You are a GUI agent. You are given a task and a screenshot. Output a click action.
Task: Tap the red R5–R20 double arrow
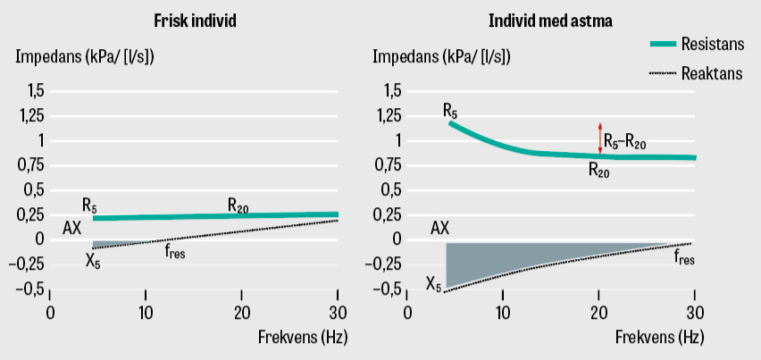(599, 138)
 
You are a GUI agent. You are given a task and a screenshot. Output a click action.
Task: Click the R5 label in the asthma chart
(450, 111)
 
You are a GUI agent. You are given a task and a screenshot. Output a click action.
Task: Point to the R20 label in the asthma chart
(598, 170)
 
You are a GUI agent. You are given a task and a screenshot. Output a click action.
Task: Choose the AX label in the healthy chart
(72, 228)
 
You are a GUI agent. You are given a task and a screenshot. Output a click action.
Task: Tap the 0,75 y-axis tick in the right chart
(387, 165)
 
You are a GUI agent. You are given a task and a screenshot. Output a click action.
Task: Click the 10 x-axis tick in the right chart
(503, 313)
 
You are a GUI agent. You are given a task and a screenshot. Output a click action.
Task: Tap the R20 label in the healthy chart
(238, 206)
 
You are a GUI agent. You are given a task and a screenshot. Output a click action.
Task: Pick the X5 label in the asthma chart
(434, 286)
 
